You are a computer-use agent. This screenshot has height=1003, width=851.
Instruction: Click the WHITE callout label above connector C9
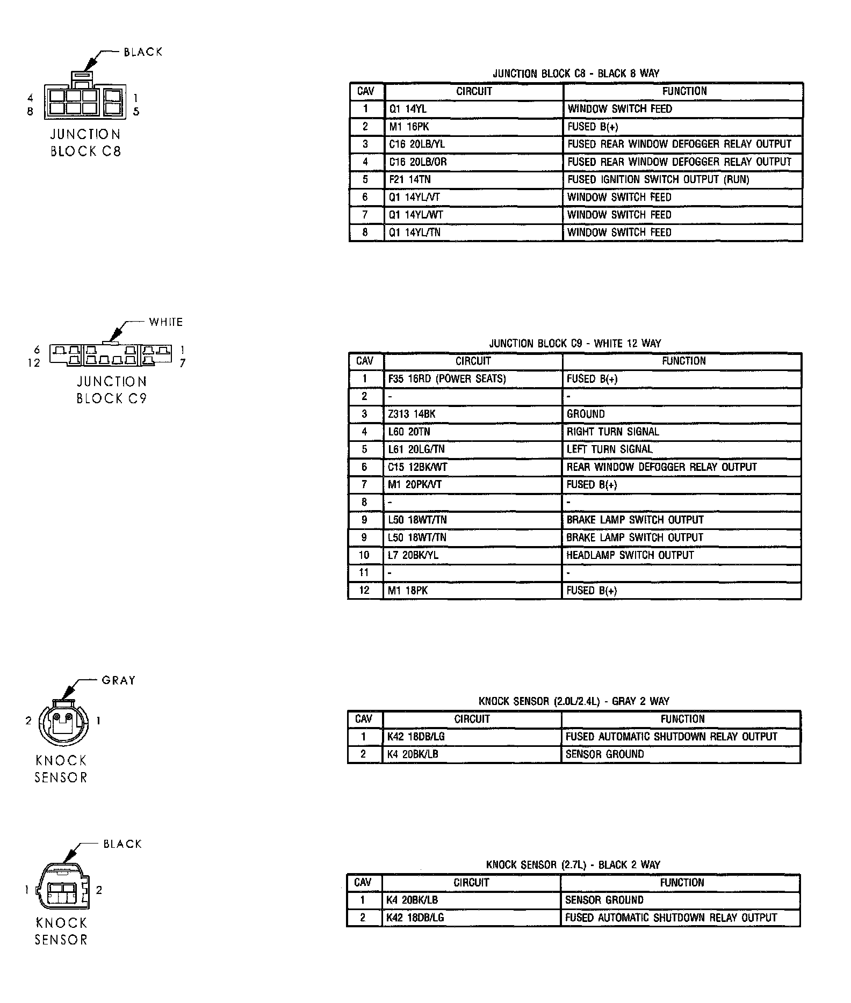pyautogui.click(x=166, y=322)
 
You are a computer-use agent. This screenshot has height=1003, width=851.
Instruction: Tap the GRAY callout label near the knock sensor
pyautogui.click(x=119, y=680)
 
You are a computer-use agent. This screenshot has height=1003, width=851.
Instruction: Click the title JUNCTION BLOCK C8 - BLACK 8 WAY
pyautogui.click(x=576, y=74)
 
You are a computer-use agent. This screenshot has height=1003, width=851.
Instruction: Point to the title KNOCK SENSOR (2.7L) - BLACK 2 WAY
pyautogui.click(x=573, y=864)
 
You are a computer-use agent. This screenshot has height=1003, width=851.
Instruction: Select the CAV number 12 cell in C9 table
pyautogui.click(x=364, y=591)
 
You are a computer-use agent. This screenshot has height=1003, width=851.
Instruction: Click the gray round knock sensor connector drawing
pyautogui.click(x=62, y=722)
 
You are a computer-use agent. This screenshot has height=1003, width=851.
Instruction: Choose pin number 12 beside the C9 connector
pyautogui.click(x=34, y=363)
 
